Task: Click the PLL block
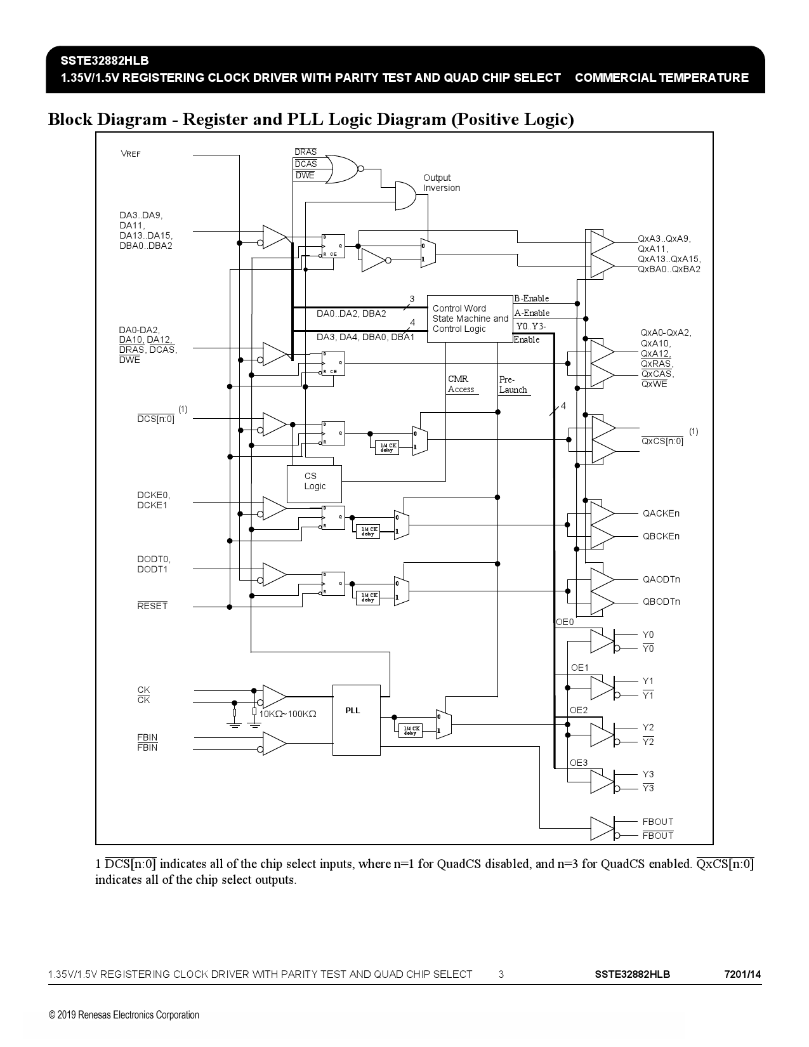point(356,720)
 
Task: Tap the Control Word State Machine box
point(470,319)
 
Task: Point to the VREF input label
point(131,154)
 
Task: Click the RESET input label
point(152,606)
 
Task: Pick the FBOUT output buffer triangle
point(602,828)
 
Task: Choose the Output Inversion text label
point(441,183)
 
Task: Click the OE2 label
point(579,710)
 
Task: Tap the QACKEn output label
point(661,513)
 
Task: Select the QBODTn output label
point(661,602)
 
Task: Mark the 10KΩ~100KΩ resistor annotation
point(287,714)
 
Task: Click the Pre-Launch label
point(513,385)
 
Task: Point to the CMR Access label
point(461,385)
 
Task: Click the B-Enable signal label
point(532,298)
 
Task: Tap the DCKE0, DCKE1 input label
point(154,500)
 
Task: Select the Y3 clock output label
point(648,774)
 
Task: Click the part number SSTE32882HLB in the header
point(105,61)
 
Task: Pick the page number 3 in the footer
point(501,974)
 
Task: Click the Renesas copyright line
point(124,1015)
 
